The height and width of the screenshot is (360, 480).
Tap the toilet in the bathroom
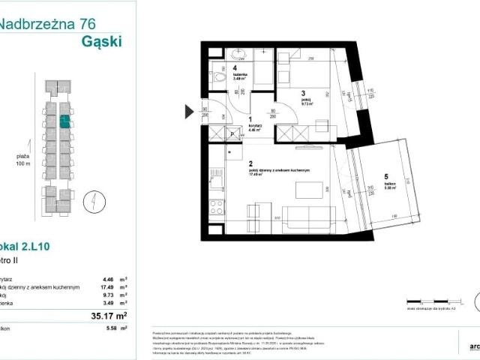219,76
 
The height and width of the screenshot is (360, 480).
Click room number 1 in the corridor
250,118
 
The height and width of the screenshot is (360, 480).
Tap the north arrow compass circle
89,200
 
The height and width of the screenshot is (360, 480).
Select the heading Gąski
101,40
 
